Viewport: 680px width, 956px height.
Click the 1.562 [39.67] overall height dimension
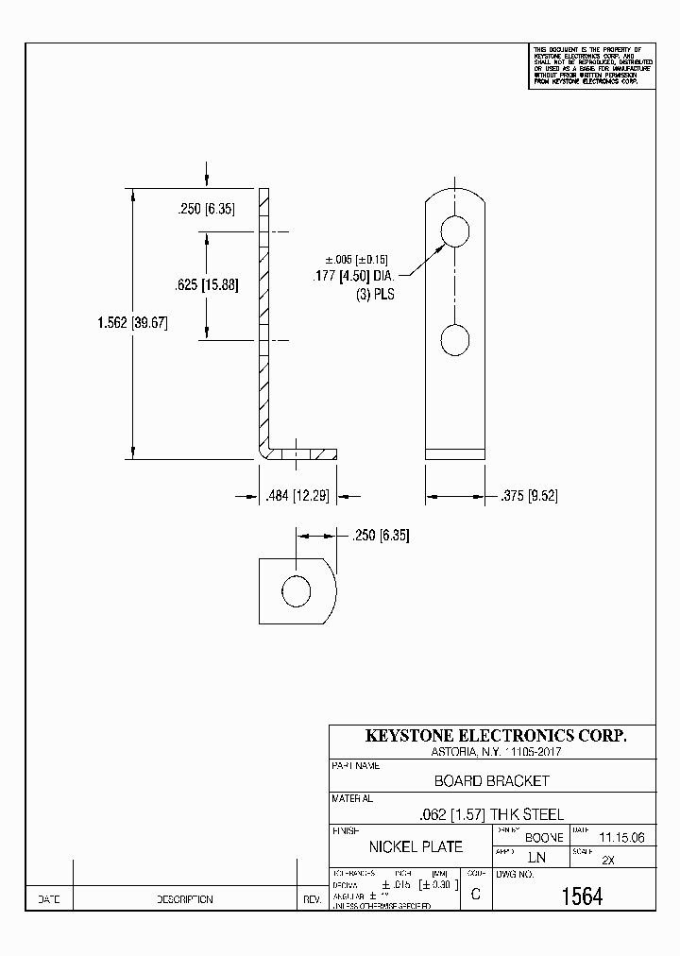tap(131, 323)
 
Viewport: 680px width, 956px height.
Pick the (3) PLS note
tap(375, 294)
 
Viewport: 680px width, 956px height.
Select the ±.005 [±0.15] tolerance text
tap(357, 260)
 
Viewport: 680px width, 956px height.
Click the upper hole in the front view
tap(456, 230)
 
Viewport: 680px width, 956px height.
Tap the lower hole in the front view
tap(456, 340)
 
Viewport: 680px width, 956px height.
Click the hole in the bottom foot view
tap(297, 592)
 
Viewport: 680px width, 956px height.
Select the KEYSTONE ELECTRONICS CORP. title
tap(495, 736)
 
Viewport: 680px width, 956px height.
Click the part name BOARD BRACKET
tap(491, 781)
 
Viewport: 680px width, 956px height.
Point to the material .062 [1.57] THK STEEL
tap(491, 814)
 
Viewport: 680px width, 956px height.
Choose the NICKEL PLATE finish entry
tap(416, 846)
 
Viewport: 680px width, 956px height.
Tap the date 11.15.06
tap(621, 837)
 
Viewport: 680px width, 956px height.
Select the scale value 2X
tap(608, 861)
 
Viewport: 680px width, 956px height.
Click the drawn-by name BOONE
tap(544, 838)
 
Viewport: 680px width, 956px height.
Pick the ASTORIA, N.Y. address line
tap(490, 752)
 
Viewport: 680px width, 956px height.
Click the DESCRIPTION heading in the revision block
tap(184, 900)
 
